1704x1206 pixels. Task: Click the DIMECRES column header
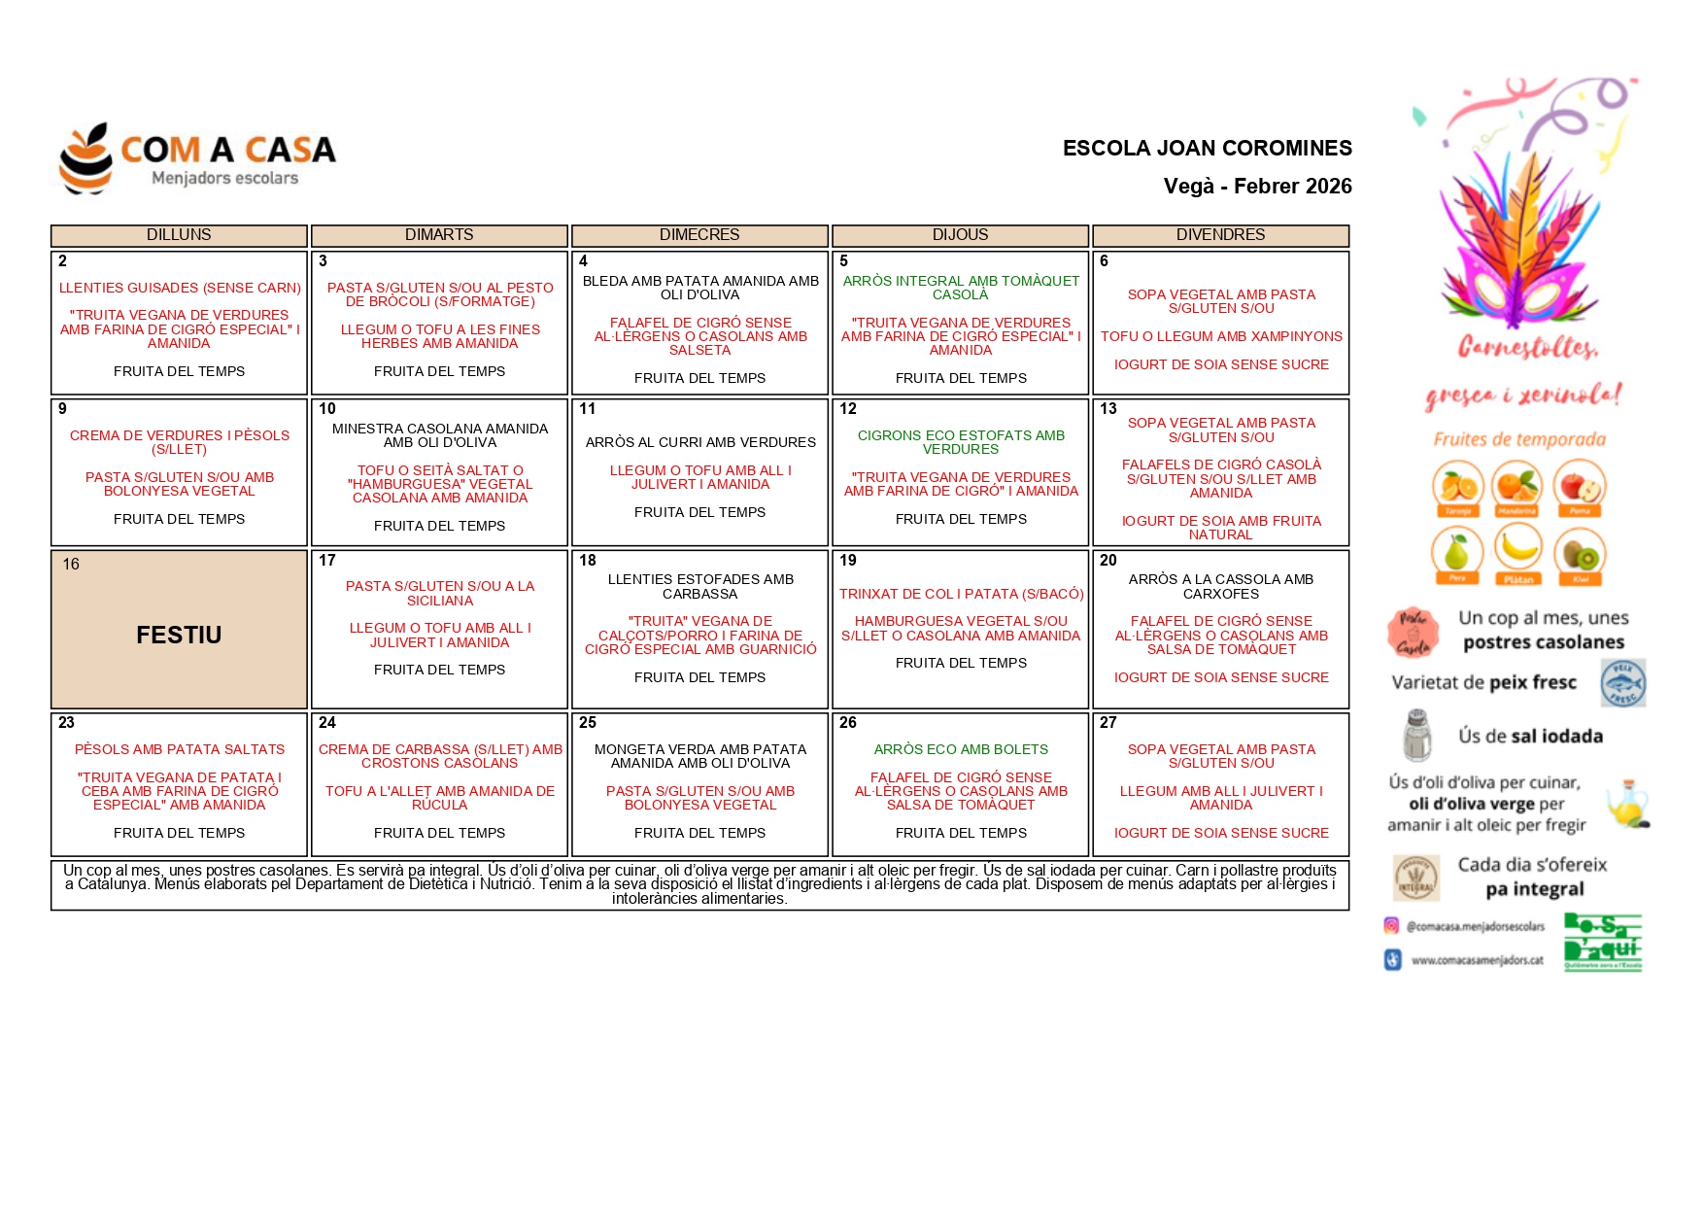699,235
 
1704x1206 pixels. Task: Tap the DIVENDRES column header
1220,235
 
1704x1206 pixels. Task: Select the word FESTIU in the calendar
179,635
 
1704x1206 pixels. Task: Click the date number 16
71,565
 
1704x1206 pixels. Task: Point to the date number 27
1108,723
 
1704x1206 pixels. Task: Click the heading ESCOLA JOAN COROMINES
1207,148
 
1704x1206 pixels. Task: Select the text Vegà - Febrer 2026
1257,186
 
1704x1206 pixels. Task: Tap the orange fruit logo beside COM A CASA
85,158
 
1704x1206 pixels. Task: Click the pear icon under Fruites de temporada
1456,553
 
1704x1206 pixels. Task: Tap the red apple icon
1580,485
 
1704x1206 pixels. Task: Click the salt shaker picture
1417,736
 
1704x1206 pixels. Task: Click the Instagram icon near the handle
1391,926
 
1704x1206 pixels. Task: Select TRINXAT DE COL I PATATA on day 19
961,594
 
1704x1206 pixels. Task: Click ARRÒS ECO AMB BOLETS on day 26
961,749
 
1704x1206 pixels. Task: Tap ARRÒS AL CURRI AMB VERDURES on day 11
700,442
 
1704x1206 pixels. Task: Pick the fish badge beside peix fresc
1622,682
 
